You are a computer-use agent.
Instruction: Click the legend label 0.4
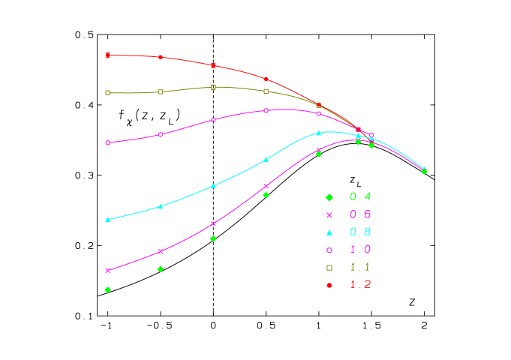(360, 197)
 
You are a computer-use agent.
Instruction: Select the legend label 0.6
(360, 214)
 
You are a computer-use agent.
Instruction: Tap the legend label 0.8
(360, 232)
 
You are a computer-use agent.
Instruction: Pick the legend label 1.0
(360, 250)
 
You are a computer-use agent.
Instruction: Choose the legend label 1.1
(360, 267)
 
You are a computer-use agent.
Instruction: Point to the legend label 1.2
(360, 284)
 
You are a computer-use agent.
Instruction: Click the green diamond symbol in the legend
(329, 197)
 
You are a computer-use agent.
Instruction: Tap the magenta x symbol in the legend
(329, 214)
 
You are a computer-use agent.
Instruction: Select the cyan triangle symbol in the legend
(329, 232)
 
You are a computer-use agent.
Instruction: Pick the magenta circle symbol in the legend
(329, 250)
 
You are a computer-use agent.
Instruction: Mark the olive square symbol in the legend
(329, 267)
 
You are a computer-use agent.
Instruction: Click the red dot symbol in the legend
(329, 285)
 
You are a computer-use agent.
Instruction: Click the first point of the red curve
(108, 55)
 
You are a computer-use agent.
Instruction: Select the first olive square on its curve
(108, 92)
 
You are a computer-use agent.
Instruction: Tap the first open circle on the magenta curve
(108, 142)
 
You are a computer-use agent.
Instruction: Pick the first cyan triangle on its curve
(108, 220)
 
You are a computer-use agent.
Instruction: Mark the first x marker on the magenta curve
(108, 270)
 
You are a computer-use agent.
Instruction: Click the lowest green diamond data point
(108, 289)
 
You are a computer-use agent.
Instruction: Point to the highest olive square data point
(214, 87)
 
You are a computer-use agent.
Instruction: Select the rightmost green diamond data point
(424, 172)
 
